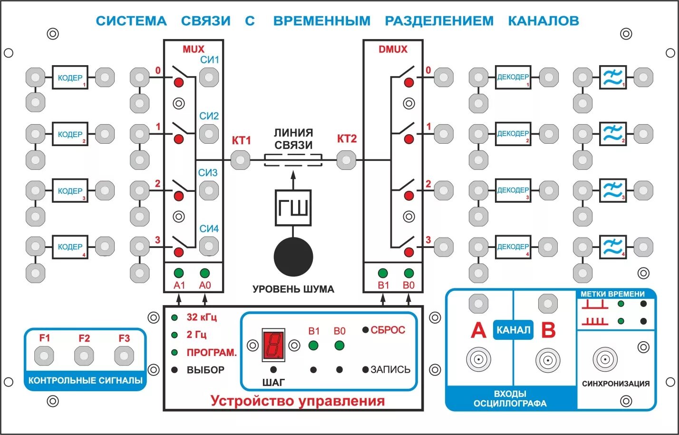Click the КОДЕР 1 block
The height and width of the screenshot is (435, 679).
point(70,78)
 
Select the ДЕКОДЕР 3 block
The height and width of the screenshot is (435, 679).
point(513,190)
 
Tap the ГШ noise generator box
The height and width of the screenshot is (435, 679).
point(293,208)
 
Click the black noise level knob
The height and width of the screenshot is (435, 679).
point(293,257)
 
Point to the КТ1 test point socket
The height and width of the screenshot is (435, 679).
point(240,160)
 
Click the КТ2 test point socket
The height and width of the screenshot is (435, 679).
point(346,160)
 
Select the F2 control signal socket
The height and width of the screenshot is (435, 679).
point(84,356)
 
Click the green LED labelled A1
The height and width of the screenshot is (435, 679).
point(179,273)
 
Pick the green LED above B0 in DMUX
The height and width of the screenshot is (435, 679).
point(408,273)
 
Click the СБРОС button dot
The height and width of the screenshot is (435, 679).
point(365,330)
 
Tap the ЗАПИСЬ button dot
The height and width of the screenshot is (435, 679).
point(365,369)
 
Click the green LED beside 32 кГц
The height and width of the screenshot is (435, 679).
point(175,317)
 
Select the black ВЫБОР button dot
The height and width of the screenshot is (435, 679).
point(175,370)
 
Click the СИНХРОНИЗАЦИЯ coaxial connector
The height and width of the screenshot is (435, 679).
point(605,359)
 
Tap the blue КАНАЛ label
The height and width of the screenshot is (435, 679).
point(513,330)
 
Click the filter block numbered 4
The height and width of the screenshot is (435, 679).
point(612,247)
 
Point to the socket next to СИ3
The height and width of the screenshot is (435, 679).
point(209,190)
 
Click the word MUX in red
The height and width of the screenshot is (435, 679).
point(193,49)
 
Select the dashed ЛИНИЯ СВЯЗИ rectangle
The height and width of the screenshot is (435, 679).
point(293,160)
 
